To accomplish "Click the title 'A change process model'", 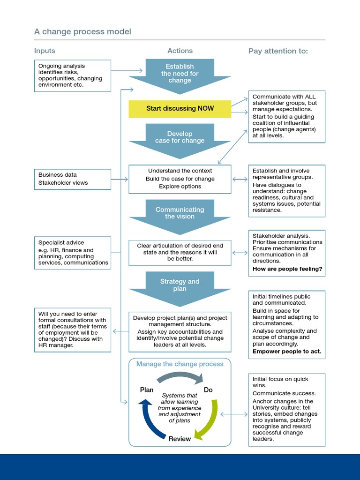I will (82, 32).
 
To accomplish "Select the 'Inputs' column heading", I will (45, 51).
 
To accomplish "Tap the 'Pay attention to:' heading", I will (278, 51).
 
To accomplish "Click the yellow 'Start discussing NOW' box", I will (180, 108).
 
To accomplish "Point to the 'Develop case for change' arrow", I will (180, 138).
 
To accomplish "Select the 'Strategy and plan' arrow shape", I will (180, 286).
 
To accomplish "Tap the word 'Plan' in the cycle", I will (147, 390).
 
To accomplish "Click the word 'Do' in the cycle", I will (208, 390).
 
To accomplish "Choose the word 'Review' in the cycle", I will (180, 439).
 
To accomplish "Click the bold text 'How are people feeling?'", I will (287, 269).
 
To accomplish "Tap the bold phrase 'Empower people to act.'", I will (287, 351).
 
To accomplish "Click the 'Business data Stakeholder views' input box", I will (73, 179).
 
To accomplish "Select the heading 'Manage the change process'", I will (180, 364).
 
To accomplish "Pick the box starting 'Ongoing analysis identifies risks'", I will (73, 75).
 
